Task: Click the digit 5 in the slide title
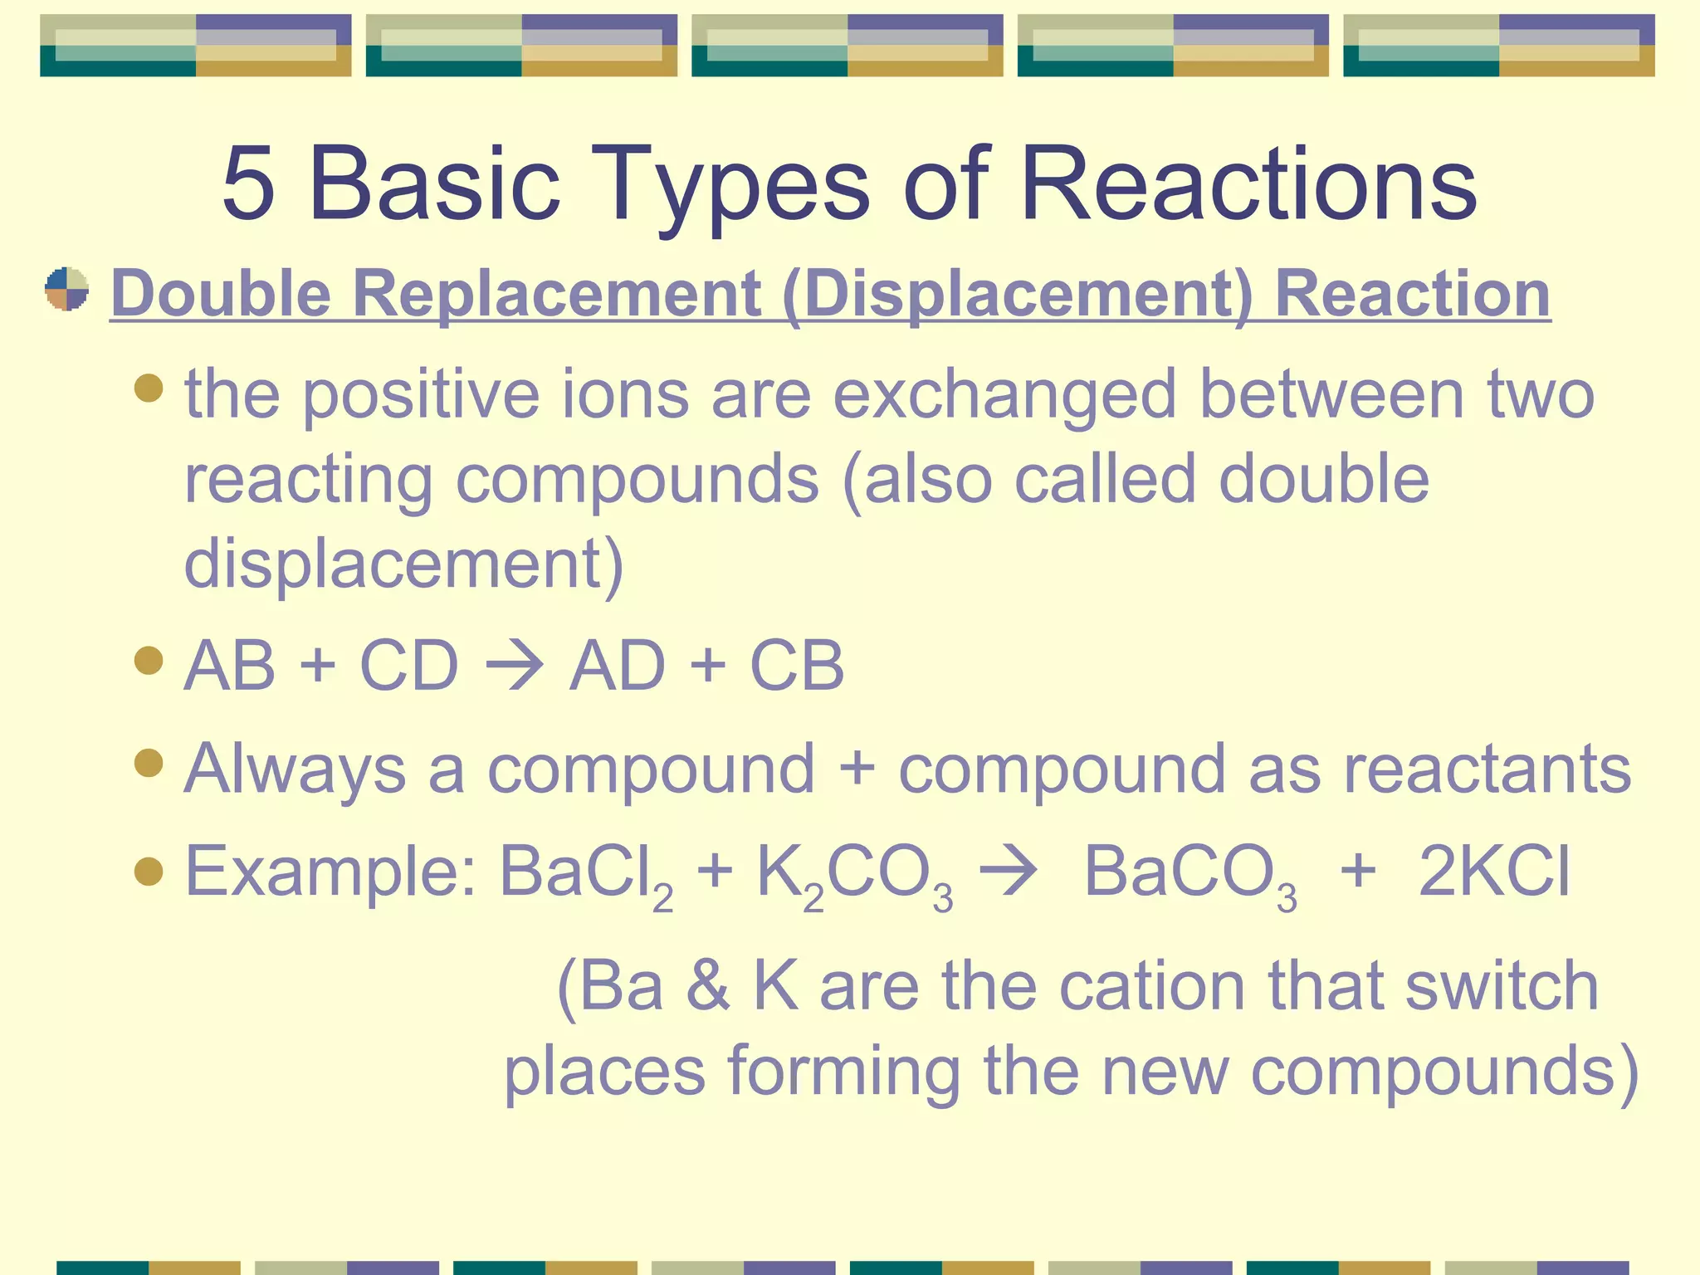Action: tap(248, 184)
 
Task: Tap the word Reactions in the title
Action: tap(1248, 184)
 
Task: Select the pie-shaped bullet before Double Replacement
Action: tap(67, 289)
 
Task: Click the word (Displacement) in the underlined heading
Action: tap(1017, 294)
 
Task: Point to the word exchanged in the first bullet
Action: tap(1004, 395)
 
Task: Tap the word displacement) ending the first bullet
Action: tap(403, 564)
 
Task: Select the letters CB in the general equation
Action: tap(797, 666)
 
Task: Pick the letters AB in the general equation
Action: tap(230, 666)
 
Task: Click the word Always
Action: tap(295, 770)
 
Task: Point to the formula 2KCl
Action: tap(1494, 872)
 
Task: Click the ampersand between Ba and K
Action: tap(707, 986)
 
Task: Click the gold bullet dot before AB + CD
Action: tap(149, 661)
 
